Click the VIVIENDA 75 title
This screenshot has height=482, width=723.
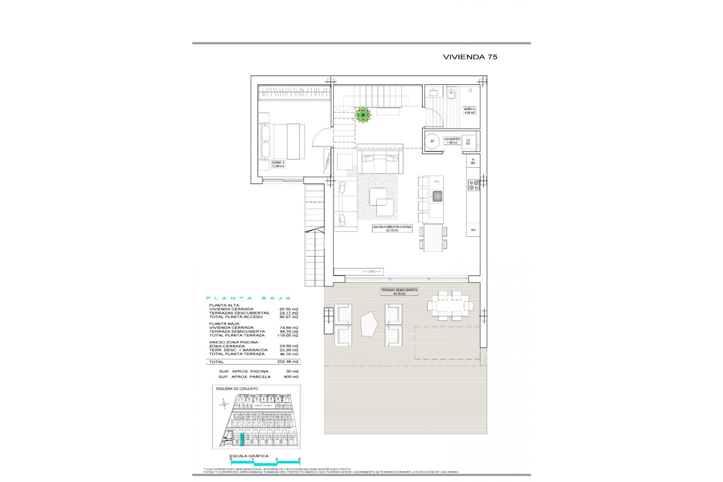(470, 57)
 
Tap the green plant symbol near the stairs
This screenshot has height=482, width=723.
(363, 115)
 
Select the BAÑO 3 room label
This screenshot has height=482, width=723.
(470, 111)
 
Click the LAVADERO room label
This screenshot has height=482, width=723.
(451, 140)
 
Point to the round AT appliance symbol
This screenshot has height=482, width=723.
(432, 141)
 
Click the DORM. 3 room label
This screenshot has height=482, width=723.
(278, 164)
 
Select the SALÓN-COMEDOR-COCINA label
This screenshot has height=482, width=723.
(392, 229)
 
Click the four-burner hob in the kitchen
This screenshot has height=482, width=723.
(473, 185)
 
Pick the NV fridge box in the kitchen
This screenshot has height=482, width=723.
(473, 230)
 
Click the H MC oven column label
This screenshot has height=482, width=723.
(473, 161)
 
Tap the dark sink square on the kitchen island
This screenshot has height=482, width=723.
(437, 196)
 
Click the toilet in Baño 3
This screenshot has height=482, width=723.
(451, 92)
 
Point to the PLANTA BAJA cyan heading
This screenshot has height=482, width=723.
(249, 298)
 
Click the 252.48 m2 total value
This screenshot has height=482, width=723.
(288, 361)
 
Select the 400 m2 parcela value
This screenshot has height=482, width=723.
(291, 377)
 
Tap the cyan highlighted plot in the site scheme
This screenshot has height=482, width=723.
(242, 439)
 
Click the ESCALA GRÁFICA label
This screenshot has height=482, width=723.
(249, 456)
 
